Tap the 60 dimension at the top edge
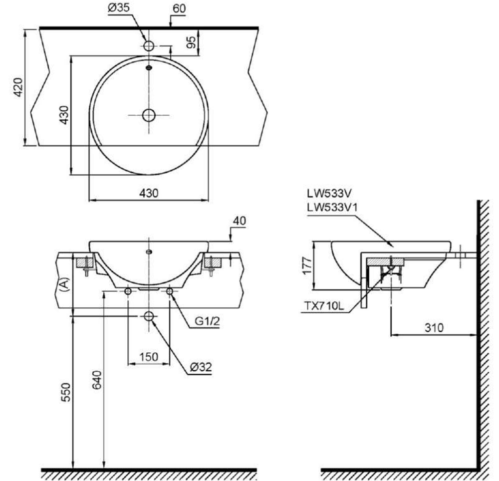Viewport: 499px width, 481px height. [180, 9]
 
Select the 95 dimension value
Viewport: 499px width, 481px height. [191, 43]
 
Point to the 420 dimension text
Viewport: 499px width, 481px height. [16, 88]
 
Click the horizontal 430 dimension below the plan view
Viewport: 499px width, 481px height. [148, 193]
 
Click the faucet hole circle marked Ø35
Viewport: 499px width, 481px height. [148, 46]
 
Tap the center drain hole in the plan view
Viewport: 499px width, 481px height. [148, 115]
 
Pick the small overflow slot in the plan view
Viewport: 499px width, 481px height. [148, 67]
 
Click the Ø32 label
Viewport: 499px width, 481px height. [201, 367]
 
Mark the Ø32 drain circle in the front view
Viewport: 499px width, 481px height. [148, 316]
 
